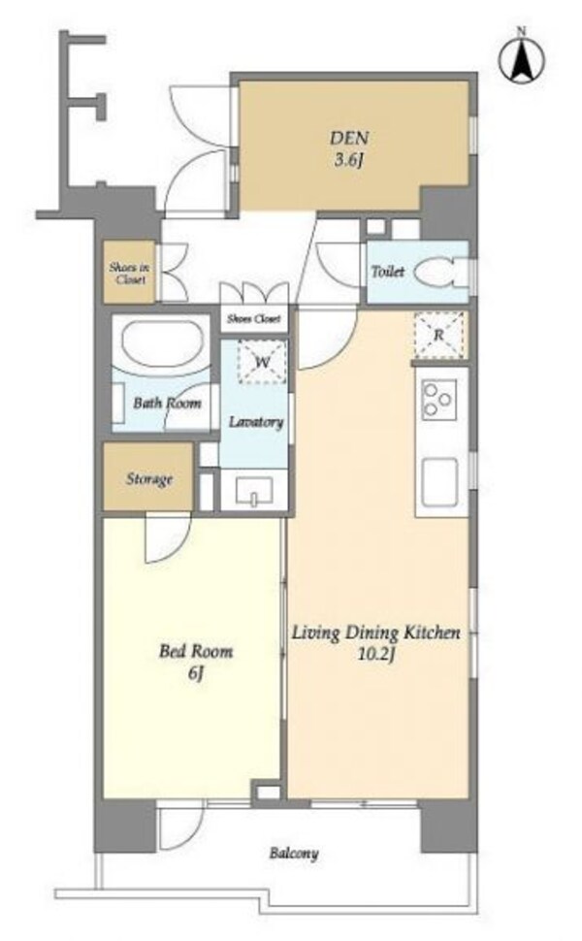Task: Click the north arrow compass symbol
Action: tap(522, 57)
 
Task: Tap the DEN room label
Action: tap(348, 138)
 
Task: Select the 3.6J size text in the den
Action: tap(349, 161)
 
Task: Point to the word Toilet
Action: tap(388, 272)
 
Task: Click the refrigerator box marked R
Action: tap(439, 335)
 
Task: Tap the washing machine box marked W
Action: tap(263, 362)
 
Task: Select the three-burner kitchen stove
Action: tap(438, 399)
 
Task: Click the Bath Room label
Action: tap(167, 403)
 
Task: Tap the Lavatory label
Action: tap(256, 422)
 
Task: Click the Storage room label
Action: tap(148, 479)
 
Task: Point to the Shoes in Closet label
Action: tap(129, 274)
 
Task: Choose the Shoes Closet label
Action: tap(254, 319)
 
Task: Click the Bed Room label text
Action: tap(196, 651)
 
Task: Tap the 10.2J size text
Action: tap(375, 655)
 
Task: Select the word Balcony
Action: tap(293, 853)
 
